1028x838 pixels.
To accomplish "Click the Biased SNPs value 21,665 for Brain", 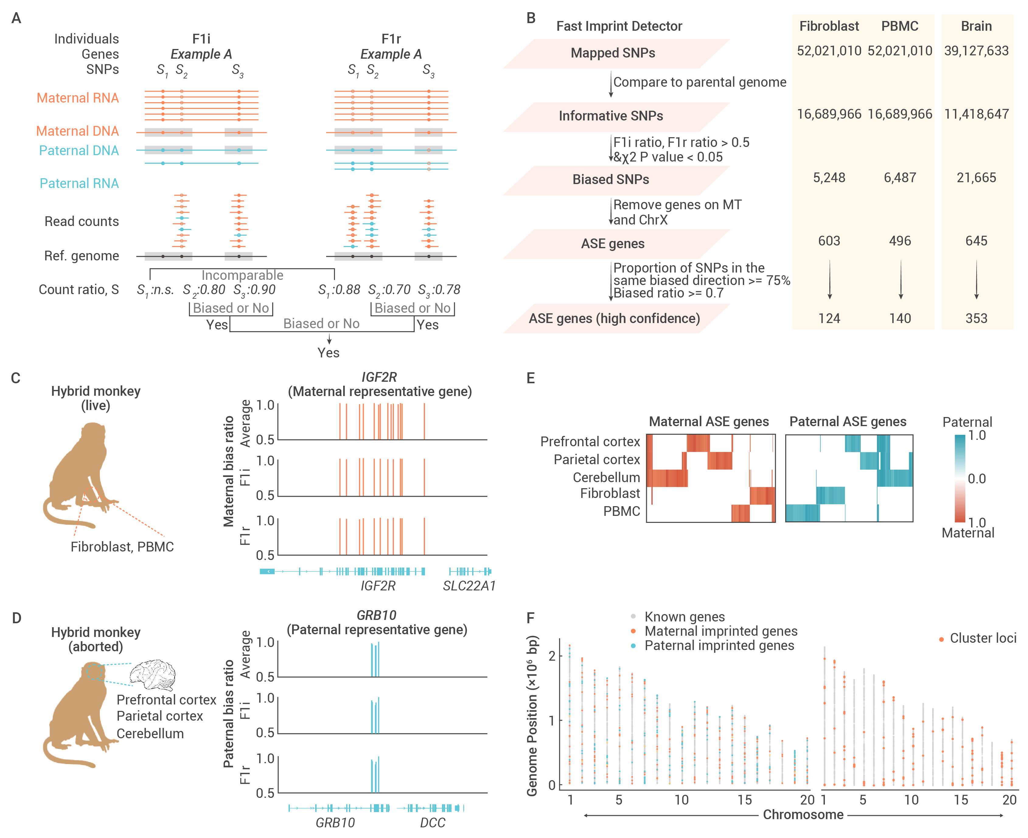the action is click(976, 178).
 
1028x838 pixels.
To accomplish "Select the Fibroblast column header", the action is click(829, 26).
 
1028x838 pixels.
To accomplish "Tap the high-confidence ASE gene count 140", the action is click(900, 318).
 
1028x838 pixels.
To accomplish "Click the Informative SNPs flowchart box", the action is click(616, 116).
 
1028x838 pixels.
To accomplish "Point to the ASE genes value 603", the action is click(829, 241).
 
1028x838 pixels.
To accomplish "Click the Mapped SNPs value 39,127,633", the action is click(976, 51).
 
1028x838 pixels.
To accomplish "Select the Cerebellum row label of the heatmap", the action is click(606, 478).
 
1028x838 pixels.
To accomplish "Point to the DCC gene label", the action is click(433, 822).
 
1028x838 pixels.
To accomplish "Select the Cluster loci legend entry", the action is click(978, 638).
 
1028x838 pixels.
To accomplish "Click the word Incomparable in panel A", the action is click(242, 275).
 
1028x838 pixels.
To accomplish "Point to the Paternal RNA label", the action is click(79, 183).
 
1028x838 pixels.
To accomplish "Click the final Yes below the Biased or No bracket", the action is click(328, 353).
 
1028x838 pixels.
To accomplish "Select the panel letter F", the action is click(531, 618).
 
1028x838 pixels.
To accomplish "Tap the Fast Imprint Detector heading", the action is click(619, 26).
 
